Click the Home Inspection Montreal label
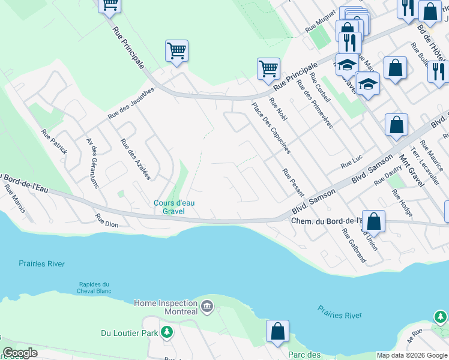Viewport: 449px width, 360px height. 166,307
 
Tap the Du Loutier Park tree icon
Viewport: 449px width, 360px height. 167,332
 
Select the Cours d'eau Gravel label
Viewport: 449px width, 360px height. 169,207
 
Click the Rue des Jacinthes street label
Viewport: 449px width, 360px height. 131,103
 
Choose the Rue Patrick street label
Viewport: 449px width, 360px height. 54,142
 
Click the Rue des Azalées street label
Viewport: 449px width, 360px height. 136,159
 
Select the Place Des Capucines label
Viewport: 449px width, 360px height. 271,128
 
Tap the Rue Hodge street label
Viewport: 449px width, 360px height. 402,203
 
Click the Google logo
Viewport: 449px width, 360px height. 20,353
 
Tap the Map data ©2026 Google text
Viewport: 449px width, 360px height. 412,355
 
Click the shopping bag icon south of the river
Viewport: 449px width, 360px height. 277,332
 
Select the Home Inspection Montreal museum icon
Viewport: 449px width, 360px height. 207,307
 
